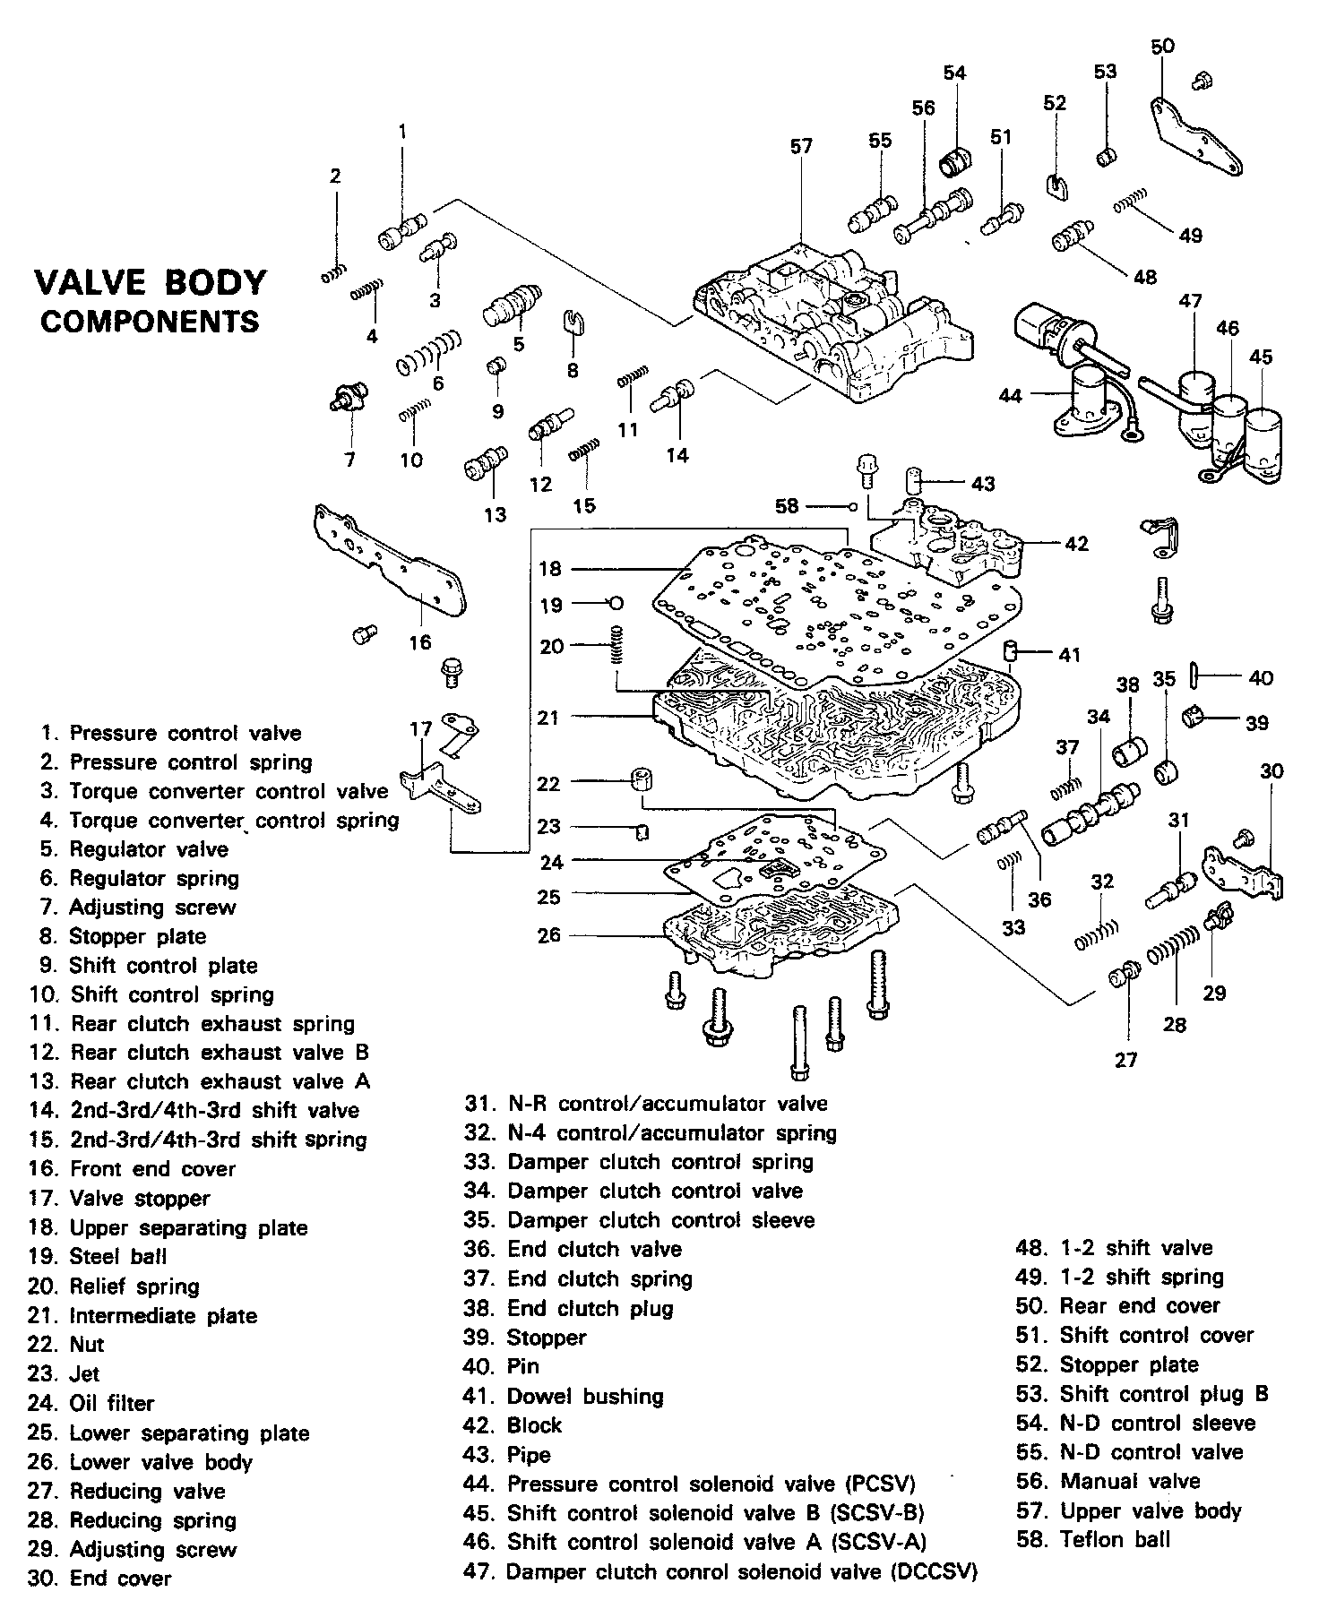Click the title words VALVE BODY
[x=150, y=282]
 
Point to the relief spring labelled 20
[x=616, y=645]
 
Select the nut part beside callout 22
[x=641, y=779]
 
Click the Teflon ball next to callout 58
[x=852, y=507]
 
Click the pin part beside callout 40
[x=1195, y=676]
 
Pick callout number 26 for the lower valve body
[x=549, y=934]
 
